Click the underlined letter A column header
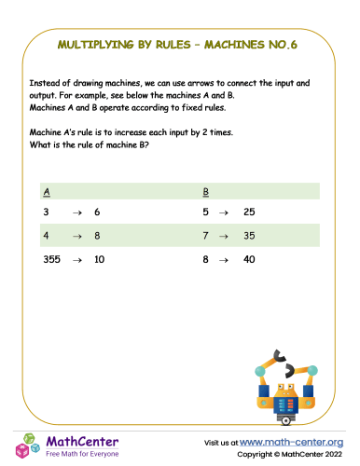pos(47,192)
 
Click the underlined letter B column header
pos(205,192)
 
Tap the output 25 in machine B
pos(249,213)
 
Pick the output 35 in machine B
pos(249,237)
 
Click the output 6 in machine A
pos(98,213)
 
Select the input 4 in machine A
pos(47,237)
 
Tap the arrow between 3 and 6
pos(75,213)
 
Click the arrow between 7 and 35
pos(223,237)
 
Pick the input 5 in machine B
pos(206,213)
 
